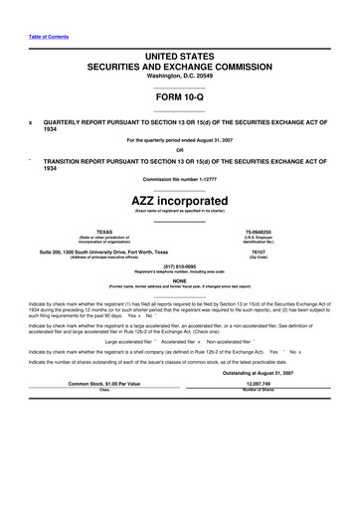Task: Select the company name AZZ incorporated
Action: click(180, 198)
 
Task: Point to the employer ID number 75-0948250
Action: click(258, 232)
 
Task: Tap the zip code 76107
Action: click(258, 253)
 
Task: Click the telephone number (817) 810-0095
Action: click(180, 267)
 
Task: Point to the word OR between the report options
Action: click(180, 151)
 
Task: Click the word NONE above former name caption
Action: click(180, 281)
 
